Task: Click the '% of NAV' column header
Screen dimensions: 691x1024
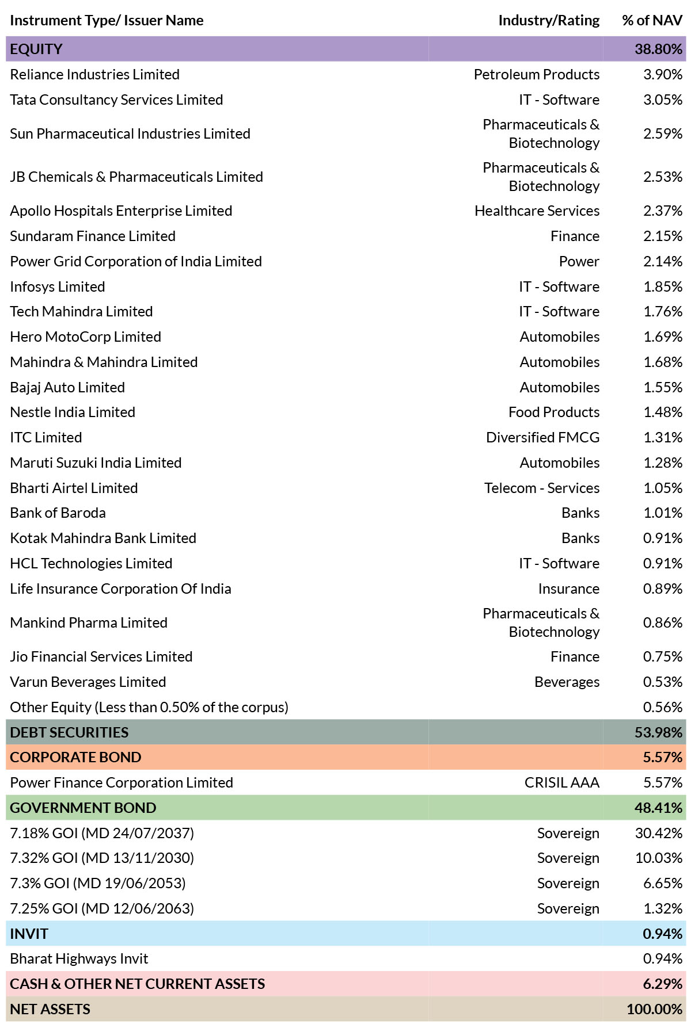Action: point(652,21)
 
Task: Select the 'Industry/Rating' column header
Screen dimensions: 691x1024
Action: point(549,21)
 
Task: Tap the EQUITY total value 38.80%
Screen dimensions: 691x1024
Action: point(659,49)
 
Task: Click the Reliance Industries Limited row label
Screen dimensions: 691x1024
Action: point(95,74)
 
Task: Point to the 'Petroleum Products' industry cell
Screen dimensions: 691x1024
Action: point(537,74)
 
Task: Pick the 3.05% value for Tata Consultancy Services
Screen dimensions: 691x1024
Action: point(663,100)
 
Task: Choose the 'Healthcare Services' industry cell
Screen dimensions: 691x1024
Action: point(537,211)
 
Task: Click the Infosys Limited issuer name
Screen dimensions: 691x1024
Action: point(58,286)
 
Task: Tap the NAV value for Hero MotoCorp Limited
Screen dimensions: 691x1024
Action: point(663,337)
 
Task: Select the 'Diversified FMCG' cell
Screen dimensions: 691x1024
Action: point(543,437)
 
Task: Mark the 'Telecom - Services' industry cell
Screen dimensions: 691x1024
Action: point(542,488)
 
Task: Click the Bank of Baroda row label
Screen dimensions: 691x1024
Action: point(58,513)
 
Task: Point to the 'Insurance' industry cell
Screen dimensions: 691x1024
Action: point(569,589)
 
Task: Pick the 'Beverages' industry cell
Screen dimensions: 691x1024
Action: point(567,682)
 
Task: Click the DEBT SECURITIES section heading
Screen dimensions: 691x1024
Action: point(69,732)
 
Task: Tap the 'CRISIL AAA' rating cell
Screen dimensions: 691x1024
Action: point(562,782)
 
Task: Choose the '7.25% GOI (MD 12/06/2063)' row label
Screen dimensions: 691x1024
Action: point(102,908)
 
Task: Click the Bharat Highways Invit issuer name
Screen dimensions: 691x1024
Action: point(79,958)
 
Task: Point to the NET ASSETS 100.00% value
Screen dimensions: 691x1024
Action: point(655,1009)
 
